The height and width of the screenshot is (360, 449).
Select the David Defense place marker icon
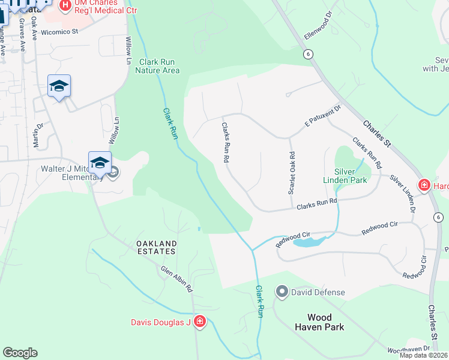(x=281, y=292)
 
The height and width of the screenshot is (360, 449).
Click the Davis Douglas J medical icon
(x=200, y=323)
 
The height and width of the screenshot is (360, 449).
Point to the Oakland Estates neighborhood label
(x=156, y=247)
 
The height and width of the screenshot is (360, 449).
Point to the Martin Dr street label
(x=38, y=135)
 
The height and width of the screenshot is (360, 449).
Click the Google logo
(x=20, y=353)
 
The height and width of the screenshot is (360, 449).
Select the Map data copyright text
(x=424, y=355)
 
